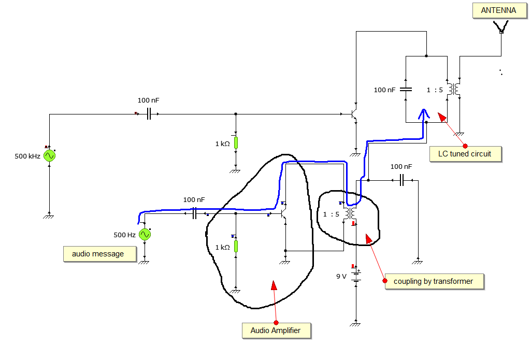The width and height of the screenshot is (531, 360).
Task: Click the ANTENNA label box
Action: [x=499, y=10]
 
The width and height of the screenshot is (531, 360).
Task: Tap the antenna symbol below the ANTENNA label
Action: [x=501, y=26]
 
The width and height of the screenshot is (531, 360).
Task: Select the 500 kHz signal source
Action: [x=49, y=156]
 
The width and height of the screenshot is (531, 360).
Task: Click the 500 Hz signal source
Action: [x=145, y=234]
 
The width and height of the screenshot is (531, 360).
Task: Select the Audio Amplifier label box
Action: [x=276, y=331]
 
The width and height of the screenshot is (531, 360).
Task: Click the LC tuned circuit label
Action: [x=465, y=154]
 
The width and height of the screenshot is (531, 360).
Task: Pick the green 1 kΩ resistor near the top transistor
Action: [x=236, y=143]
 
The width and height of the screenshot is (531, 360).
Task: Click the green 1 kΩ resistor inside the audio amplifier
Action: [x=236, y=246]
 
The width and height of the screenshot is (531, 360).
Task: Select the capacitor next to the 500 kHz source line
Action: [x=149, y=114]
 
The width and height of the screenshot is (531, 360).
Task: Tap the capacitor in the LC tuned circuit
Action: [x=406, y=90]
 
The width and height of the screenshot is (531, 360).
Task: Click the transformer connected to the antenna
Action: [x=453, y=89]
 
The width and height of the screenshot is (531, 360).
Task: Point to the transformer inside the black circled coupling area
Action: [x=350, y=213]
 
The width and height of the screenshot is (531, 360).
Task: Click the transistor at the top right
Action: [x=353, y=114]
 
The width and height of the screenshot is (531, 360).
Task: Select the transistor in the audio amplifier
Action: [x=283, y=213]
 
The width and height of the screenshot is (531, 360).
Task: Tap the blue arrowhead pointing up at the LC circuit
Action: [x=423, y=114]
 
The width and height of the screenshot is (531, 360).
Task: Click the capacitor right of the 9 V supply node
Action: [x=401, y=180]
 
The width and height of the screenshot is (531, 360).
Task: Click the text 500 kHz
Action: [x=27, y=156]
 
